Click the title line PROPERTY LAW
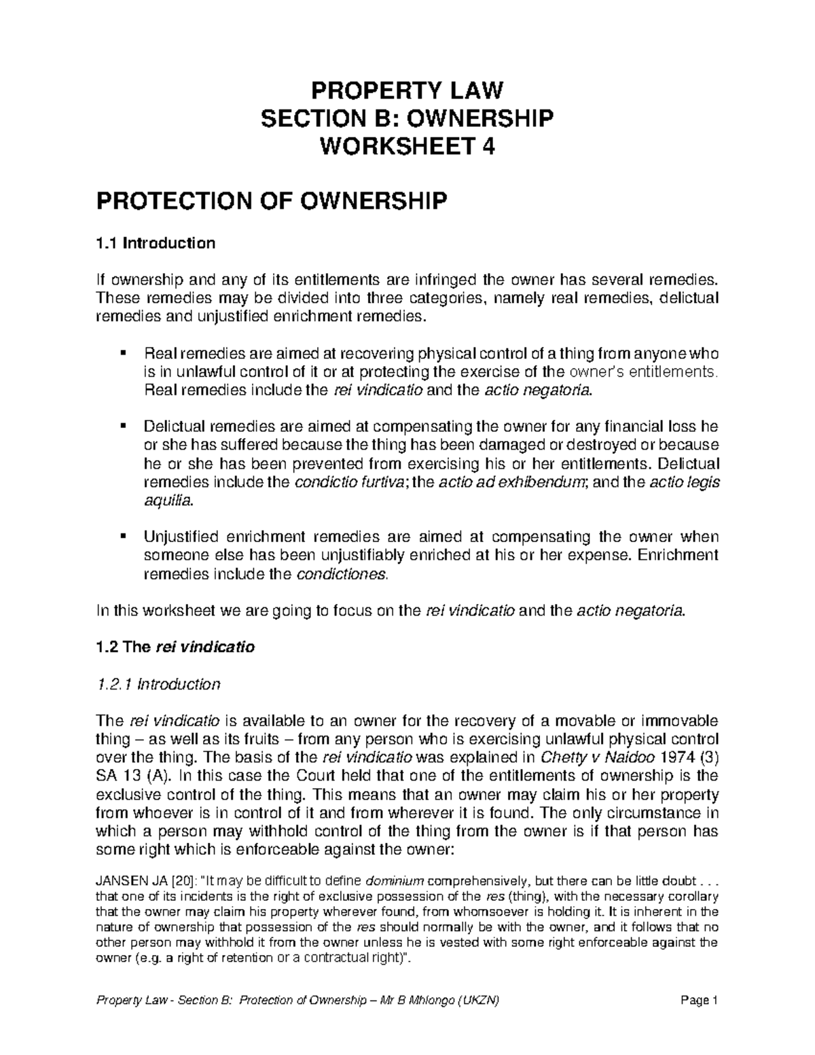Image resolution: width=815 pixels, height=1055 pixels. coord(407,90)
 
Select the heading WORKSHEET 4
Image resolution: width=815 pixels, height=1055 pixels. coord(407,147)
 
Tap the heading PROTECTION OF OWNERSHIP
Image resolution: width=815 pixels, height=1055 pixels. coord(273,201)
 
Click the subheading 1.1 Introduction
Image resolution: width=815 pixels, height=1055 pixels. coord(156,243)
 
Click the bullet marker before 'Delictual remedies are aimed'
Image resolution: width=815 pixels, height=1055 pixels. coord(123,427)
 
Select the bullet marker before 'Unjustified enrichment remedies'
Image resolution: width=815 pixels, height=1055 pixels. coord(123,537)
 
